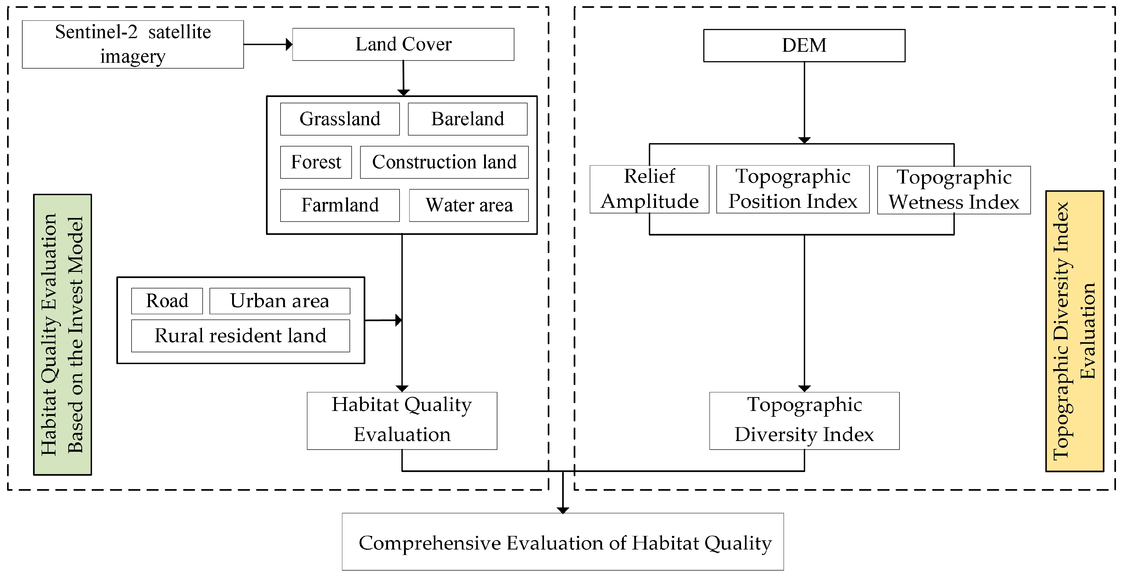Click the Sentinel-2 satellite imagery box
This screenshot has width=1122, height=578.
(133, 44)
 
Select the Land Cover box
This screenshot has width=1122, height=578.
(403, 44)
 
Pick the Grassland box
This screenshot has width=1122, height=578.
(340, 119)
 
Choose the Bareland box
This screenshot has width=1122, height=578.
(467, 119)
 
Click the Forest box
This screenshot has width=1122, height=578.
(316, 162)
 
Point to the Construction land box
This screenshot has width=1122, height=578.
(444, 162)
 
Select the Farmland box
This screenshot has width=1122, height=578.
(340, 205)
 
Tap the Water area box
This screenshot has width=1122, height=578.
(469, 205)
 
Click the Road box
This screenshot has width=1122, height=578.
(167, 301)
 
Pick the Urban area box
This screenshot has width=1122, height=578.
(280, 301)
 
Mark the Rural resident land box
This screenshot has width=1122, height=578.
(240, 336)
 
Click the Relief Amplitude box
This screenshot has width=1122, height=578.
(649, 189)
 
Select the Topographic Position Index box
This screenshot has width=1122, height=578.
(793, 189)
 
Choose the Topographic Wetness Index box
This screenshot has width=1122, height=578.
(953, 190)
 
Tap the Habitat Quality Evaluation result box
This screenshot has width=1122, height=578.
(402, 420)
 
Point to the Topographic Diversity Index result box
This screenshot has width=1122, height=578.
(804, 420)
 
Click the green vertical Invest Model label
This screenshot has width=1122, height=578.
(62, 334)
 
